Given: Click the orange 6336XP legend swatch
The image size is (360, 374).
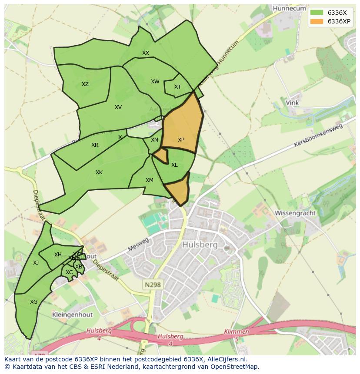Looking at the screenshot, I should coord(317,21).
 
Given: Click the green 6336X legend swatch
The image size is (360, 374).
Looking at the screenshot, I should coord(317,12).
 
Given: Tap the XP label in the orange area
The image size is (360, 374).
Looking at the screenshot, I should coord(181,140).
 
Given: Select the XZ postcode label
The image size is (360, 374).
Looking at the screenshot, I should coord(85,84).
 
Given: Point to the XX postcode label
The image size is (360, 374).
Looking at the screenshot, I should coord(146,53).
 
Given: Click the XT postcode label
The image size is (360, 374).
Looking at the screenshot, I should coord(177,87).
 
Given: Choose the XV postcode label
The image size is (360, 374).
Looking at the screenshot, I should coord(118,107).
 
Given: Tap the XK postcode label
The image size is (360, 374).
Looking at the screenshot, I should coord(99,172).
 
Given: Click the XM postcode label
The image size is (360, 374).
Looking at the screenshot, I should coord(150,180).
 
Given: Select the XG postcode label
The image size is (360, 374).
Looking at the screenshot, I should coord(33,302).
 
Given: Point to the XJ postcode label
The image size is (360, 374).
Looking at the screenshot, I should coord(36,263).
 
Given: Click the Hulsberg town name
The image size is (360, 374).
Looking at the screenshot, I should coord(200,245).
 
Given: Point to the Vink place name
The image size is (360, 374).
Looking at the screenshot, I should coord(292,103).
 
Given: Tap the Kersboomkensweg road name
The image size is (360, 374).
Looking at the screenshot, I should coord(318,135).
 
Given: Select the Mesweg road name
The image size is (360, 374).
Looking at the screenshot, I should coord(138,245).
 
